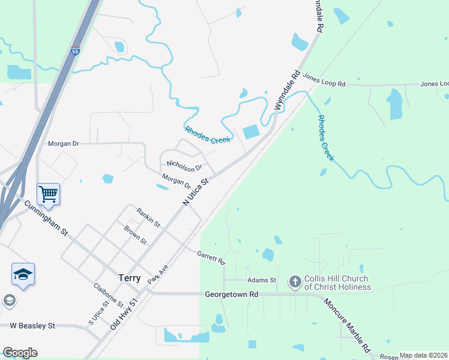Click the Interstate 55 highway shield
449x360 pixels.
click(x=75, y=52)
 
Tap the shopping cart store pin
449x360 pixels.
click(x=48, y=194)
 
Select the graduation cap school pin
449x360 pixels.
click(x=23, y=274)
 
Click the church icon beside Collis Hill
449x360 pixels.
click(x=295, y=281)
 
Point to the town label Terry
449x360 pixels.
click(x=130, y=278)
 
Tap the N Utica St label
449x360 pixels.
click(x=195, y=191)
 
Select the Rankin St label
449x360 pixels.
click(x=148, y=217)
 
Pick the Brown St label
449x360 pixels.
click(x=135, y=235)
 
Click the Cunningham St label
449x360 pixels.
click(x=46, y=218)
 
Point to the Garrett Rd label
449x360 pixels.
click(x=211, y=258)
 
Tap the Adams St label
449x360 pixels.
click(x=261, y=280)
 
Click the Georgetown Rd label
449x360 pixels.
click(x=231, y=295)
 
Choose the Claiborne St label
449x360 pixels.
click(x=108, y=295)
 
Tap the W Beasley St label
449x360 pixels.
click(x=32, y=326)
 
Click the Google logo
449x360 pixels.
click(x=20, y=353)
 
